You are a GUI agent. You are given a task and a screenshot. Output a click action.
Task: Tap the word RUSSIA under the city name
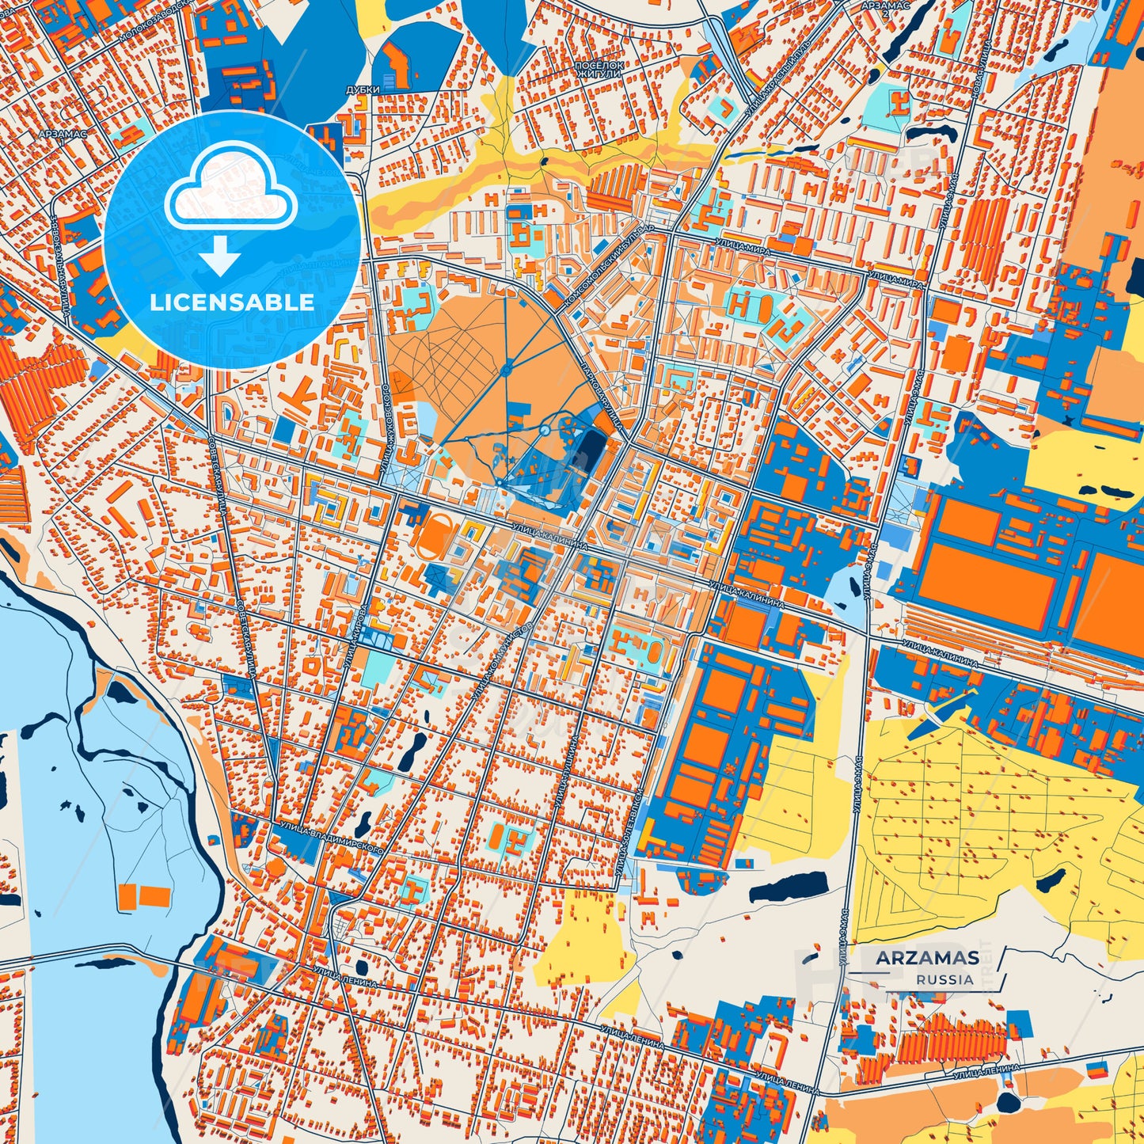tap(945, 979)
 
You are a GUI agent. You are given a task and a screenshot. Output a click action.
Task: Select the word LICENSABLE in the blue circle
tap(232, 302)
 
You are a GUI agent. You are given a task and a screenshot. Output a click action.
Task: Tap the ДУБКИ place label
tap(363, 90)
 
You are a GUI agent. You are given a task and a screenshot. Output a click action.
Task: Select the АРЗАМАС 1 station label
tap(61, 135)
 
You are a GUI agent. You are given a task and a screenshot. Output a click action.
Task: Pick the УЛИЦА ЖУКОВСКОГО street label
tap(386, 431)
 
